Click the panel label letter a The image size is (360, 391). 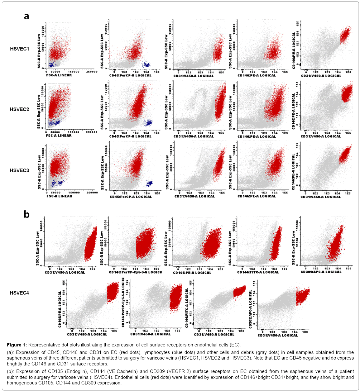[26, 16]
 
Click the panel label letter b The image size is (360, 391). [26, 214]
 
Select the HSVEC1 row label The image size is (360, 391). [19, 49]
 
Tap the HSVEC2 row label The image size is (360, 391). [19, 109]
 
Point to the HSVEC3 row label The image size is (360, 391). [19, 170]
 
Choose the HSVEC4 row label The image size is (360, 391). [19, 293]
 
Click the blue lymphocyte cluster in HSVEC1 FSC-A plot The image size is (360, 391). [52, 65]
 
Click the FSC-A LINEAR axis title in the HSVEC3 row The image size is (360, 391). [59, 196]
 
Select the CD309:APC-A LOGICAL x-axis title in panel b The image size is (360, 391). [321, 272]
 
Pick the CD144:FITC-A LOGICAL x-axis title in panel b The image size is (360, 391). [258, 272]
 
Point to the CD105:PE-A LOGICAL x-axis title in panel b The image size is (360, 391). [192, 273]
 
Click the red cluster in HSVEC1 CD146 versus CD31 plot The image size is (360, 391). [345, 35]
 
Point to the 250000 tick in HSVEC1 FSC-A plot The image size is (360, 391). [92, 72]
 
